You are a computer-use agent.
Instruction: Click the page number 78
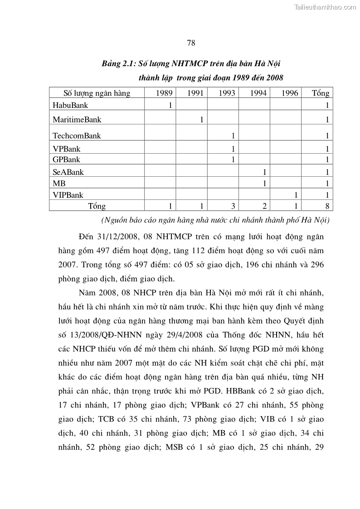pos(191,43)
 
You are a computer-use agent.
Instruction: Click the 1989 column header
pos(164,93)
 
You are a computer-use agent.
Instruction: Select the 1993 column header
pos(227,93)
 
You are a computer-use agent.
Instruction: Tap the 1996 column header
pos(290,93)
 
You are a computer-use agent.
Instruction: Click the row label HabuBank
pos(70,105)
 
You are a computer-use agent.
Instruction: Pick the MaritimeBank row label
pos(77,120)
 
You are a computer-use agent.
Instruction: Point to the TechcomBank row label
pos(77,136)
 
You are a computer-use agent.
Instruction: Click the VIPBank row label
pos(68,195)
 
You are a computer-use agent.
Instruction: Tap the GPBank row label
pos(66,160)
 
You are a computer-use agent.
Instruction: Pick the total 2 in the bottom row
pos(264,206)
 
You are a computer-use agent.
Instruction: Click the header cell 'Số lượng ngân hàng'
pos(97,93)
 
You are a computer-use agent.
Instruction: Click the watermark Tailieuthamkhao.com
pos(325,7)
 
